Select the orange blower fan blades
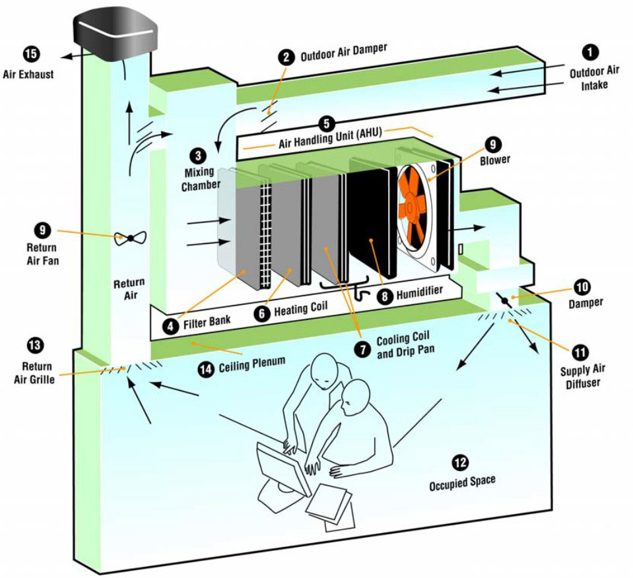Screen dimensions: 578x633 coord(415,199)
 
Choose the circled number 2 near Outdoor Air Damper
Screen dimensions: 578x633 coord(286,57)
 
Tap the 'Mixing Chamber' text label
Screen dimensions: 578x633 coord(198,178)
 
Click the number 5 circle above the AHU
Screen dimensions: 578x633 coord(326,123)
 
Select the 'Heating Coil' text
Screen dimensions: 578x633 coord(301,308)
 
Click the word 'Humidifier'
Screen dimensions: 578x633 coord(418,291)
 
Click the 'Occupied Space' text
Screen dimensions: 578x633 coord(462,483)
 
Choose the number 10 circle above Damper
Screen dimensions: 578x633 coord(583,288)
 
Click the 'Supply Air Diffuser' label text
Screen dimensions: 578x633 coord(581,377)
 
